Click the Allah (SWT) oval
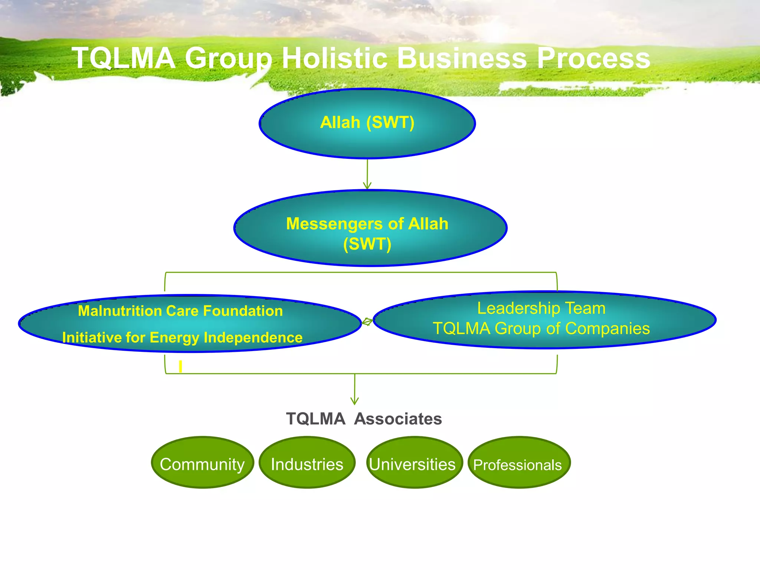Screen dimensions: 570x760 367,123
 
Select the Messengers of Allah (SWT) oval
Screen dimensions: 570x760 370,228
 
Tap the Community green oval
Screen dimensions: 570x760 202,462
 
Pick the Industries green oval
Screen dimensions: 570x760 307,462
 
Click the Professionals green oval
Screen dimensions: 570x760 519,462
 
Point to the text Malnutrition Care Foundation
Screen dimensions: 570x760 180,311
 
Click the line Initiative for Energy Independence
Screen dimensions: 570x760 182,338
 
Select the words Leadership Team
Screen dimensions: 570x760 541,308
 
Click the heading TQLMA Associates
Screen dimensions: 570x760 364,419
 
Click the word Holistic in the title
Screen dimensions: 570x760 334,58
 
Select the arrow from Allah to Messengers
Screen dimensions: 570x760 367,174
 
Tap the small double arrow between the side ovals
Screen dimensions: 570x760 367,322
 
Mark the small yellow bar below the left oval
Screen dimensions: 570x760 180,367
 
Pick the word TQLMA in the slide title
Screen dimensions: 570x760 124,58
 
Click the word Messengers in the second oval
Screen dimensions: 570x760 334,224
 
